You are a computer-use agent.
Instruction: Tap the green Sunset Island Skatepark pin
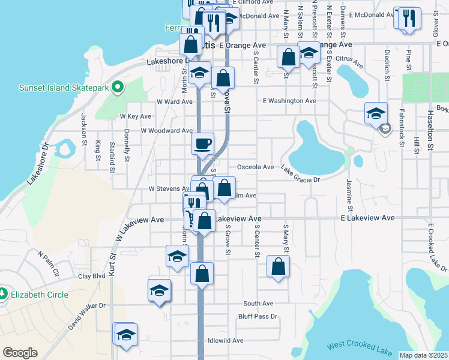[x=118, y=88]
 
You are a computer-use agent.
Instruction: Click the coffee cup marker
[x=202, y=143]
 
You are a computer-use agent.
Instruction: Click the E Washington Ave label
[x=289, y=101]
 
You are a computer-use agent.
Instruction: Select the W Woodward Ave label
[x=166, y=130]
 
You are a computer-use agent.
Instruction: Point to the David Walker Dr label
[x=87, y=316]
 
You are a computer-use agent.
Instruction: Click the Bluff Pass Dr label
[x=258, y=316]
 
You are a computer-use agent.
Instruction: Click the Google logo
[x=20, y=353]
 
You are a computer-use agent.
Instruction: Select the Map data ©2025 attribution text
[x=423, y=355]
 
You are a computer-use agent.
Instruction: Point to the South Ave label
[x=258, y=304]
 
